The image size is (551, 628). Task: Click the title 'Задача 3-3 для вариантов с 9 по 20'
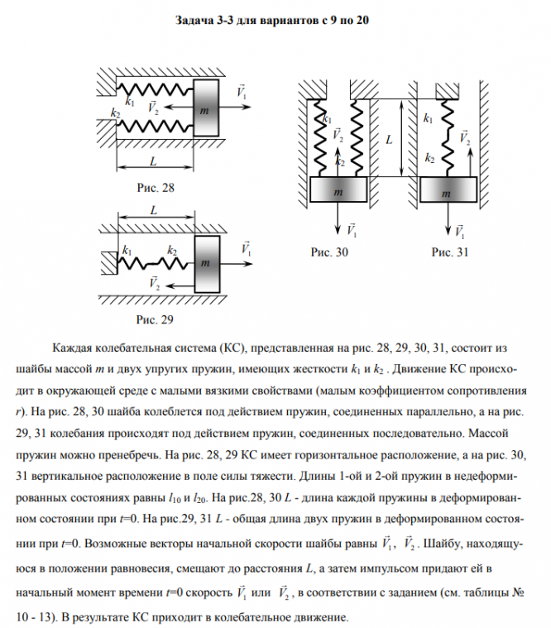click(274, 20)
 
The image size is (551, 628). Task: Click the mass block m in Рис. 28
click(206, 108)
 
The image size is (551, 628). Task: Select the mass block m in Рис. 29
click(206, 262)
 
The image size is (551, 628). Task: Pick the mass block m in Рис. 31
click(448, 191)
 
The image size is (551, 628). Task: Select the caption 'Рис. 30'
click(328, 252)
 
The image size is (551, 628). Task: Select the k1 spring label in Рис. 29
click(127, 250)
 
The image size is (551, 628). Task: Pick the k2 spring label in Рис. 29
click(172, 250)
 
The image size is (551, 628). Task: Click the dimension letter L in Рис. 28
click(155, 160)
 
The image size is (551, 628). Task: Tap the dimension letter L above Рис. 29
click(155, 210)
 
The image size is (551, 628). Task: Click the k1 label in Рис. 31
click(427, 120)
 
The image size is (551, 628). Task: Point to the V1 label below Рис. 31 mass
click(459, 230)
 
